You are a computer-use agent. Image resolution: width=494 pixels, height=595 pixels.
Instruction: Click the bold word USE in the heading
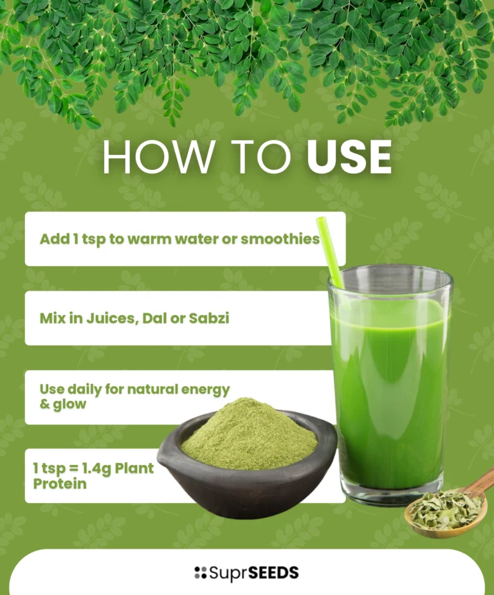(x=349, y=157)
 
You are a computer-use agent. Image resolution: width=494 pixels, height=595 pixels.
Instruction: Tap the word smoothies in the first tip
(x=280, y=239)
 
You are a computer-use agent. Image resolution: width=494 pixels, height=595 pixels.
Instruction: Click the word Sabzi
(x=209, y=318)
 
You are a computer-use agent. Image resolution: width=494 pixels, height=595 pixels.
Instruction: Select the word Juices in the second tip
(x=111, y=318)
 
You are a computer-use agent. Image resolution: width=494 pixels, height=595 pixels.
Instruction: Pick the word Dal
(x=154, y=318)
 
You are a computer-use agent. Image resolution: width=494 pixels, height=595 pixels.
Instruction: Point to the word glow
(x=69, y=405)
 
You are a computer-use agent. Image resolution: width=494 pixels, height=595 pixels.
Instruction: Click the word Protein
(x=60, y=484)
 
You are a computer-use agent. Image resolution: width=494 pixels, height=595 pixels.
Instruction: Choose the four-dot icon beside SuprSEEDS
(x=200, y=572)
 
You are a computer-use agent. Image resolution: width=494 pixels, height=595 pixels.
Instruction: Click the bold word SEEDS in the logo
(x=274, y=572)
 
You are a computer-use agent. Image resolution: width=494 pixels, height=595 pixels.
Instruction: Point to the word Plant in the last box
(x=134, y=468)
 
